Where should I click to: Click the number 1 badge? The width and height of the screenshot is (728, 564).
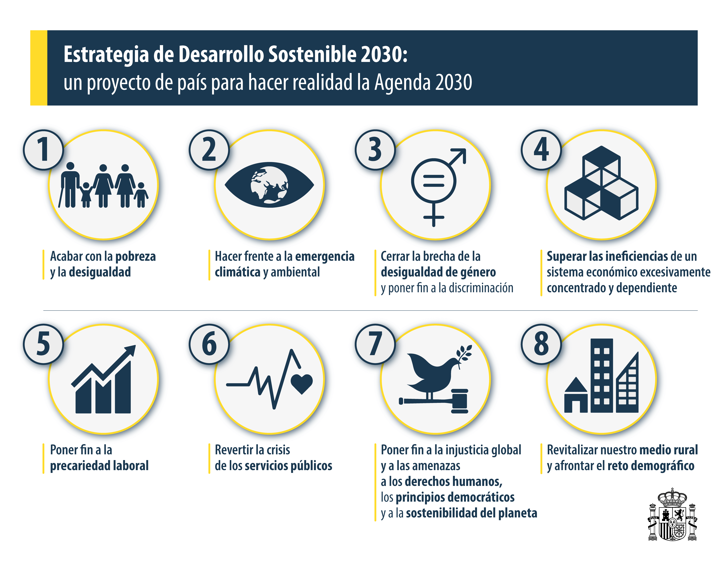pyautogui.click(x=43, y=150)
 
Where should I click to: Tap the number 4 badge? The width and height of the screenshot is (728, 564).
pyautogui.click(x=541, y=150)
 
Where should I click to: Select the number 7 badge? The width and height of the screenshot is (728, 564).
pyautogui.click(x=375, y=344)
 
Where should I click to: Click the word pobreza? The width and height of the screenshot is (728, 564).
pyautogui.click(x=135, y=256)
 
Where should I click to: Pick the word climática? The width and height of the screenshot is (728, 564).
pyautogui.click(x=237, y=272)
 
